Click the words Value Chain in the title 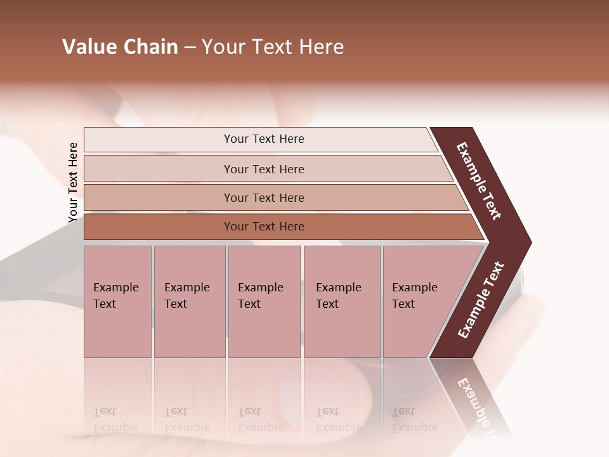click(120, 47)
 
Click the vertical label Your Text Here click(74, 183)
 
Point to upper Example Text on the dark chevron click(479, 181)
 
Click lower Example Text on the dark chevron click(480, 300)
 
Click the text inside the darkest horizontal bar click(264, 227)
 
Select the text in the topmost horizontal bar click(264, 139)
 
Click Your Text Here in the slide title click(273, 47)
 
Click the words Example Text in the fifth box click(414, 296)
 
